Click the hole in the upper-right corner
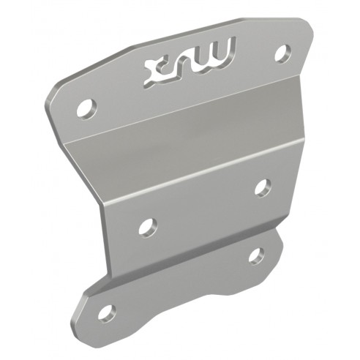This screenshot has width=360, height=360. pyautogui.click(x=282, y=53)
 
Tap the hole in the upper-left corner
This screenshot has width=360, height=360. pyautogui.click(x=86, y=108)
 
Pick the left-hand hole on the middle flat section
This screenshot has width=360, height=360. pyautogui.click(x=147, y=226)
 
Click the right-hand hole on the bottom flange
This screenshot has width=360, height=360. pyautogui.click(x=256, y=255)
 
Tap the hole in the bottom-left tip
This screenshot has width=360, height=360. pyautogui.click(x=107, y=312)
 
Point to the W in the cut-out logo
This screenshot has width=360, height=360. pyautogui.click(x=218, y=53)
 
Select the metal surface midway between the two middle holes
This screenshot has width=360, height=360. pyautogui.click(x=206, y=207)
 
